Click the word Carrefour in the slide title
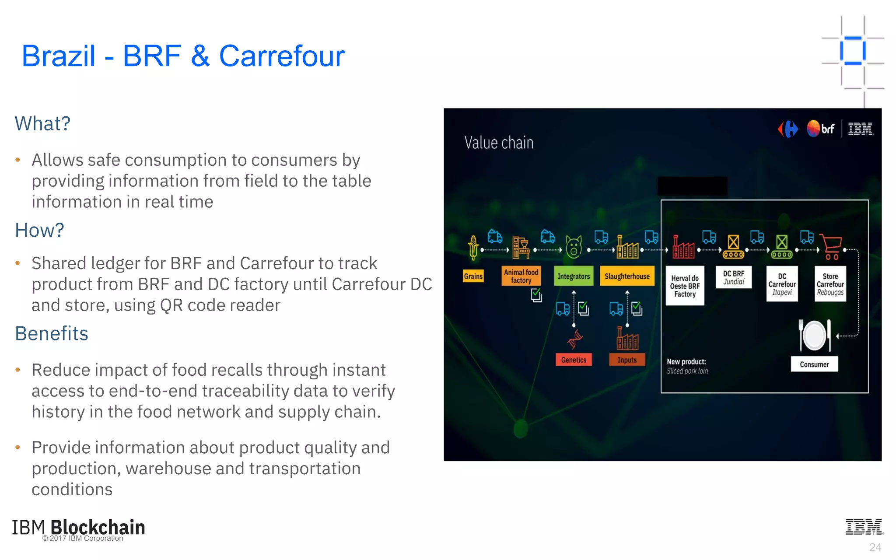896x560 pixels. [x=282, y=56]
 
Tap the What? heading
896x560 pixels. [x=42, y=124]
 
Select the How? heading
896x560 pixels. [x=39, y=230]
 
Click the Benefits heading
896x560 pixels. [x=52, y=333]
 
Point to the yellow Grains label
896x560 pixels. [x=473, y=276]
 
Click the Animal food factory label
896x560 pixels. [x=521, y=276]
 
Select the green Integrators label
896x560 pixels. [x=573, y=276]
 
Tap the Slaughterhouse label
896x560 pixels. [x=627, y=276]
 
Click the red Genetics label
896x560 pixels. [x=573, y=360]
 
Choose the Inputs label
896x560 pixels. [x=627, y=360]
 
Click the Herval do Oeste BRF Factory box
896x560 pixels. [x=685, y=286]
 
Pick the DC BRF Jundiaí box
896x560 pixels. [x=733, y=277]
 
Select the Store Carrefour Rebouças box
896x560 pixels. [x=830, y=284]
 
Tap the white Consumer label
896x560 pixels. [x=814, y=364]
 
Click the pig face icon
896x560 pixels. [x=574, y=247]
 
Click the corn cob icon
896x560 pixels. [x=473, y=247]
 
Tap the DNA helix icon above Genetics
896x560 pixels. [x=575, y=339]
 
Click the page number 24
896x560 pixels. [x=875, y=547]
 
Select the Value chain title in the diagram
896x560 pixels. [x=499, y=143]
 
